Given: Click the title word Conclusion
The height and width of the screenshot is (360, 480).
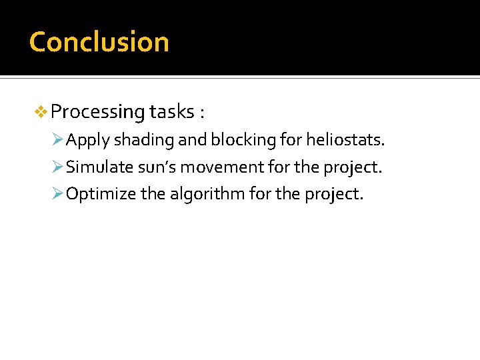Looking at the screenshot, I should [99, 41].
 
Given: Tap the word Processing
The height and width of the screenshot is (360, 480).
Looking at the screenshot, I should [97, 112].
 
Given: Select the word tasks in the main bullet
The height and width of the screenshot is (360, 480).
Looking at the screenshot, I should [171, 111].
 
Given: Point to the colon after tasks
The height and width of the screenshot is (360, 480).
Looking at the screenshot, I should [201, 113].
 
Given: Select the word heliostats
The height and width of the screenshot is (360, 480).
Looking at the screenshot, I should [345, 140].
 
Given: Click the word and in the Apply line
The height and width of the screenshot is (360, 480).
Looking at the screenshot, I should [195, 140].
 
